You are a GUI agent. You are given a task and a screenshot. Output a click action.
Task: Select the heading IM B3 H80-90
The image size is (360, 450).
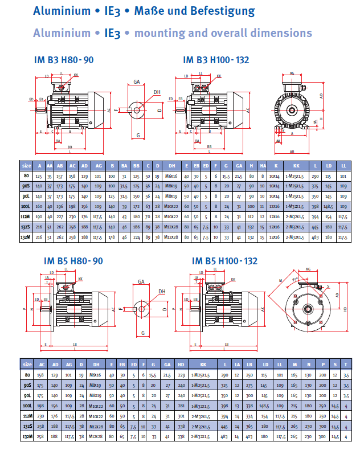click(x=64, y=60)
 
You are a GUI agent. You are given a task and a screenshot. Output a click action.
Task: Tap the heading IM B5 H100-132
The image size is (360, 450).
click(x=224, y=261)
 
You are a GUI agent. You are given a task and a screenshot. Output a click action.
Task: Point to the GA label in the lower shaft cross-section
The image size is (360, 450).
click(x=141, y=282)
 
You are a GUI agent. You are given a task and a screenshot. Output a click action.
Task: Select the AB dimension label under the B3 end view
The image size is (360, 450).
click(x=292, y=152)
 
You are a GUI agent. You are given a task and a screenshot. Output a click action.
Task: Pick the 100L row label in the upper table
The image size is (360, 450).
click(x=26, y=206)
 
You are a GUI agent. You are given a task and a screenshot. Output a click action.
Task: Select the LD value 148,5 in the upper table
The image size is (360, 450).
click(x=330, y=206)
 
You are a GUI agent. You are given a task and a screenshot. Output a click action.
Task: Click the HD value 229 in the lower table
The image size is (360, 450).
click(x=182, y=375)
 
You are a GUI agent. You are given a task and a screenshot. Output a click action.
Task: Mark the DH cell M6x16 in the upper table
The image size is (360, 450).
click(x=170, y=176)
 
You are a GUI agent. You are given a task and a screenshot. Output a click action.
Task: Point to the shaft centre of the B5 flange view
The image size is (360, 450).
click(x=308, y=309)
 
